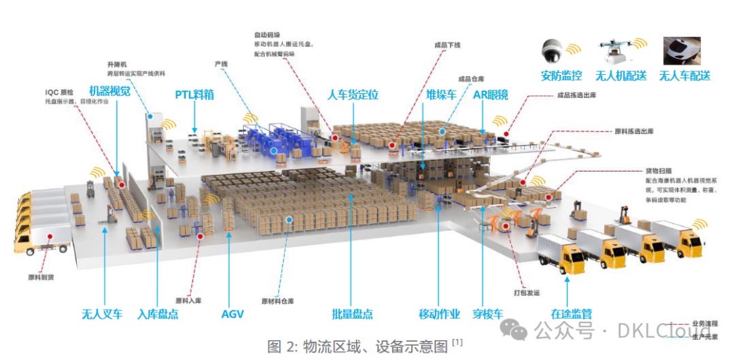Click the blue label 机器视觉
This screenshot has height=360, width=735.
110,91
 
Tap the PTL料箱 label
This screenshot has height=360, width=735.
194,95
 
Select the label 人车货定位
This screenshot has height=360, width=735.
353,95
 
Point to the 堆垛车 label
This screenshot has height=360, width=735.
441,95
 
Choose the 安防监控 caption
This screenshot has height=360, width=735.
561,76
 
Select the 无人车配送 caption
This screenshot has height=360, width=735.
685,76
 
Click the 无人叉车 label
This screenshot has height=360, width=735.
102,314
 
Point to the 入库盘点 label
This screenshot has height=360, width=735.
158,314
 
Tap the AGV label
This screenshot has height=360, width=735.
232,314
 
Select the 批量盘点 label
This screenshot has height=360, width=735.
352,314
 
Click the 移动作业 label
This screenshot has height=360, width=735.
439,314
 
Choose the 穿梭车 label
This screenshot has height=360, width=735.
488,314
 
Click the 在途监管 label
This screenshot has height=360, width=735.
571,314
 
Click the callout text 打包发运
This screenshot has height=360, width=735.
525,293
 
